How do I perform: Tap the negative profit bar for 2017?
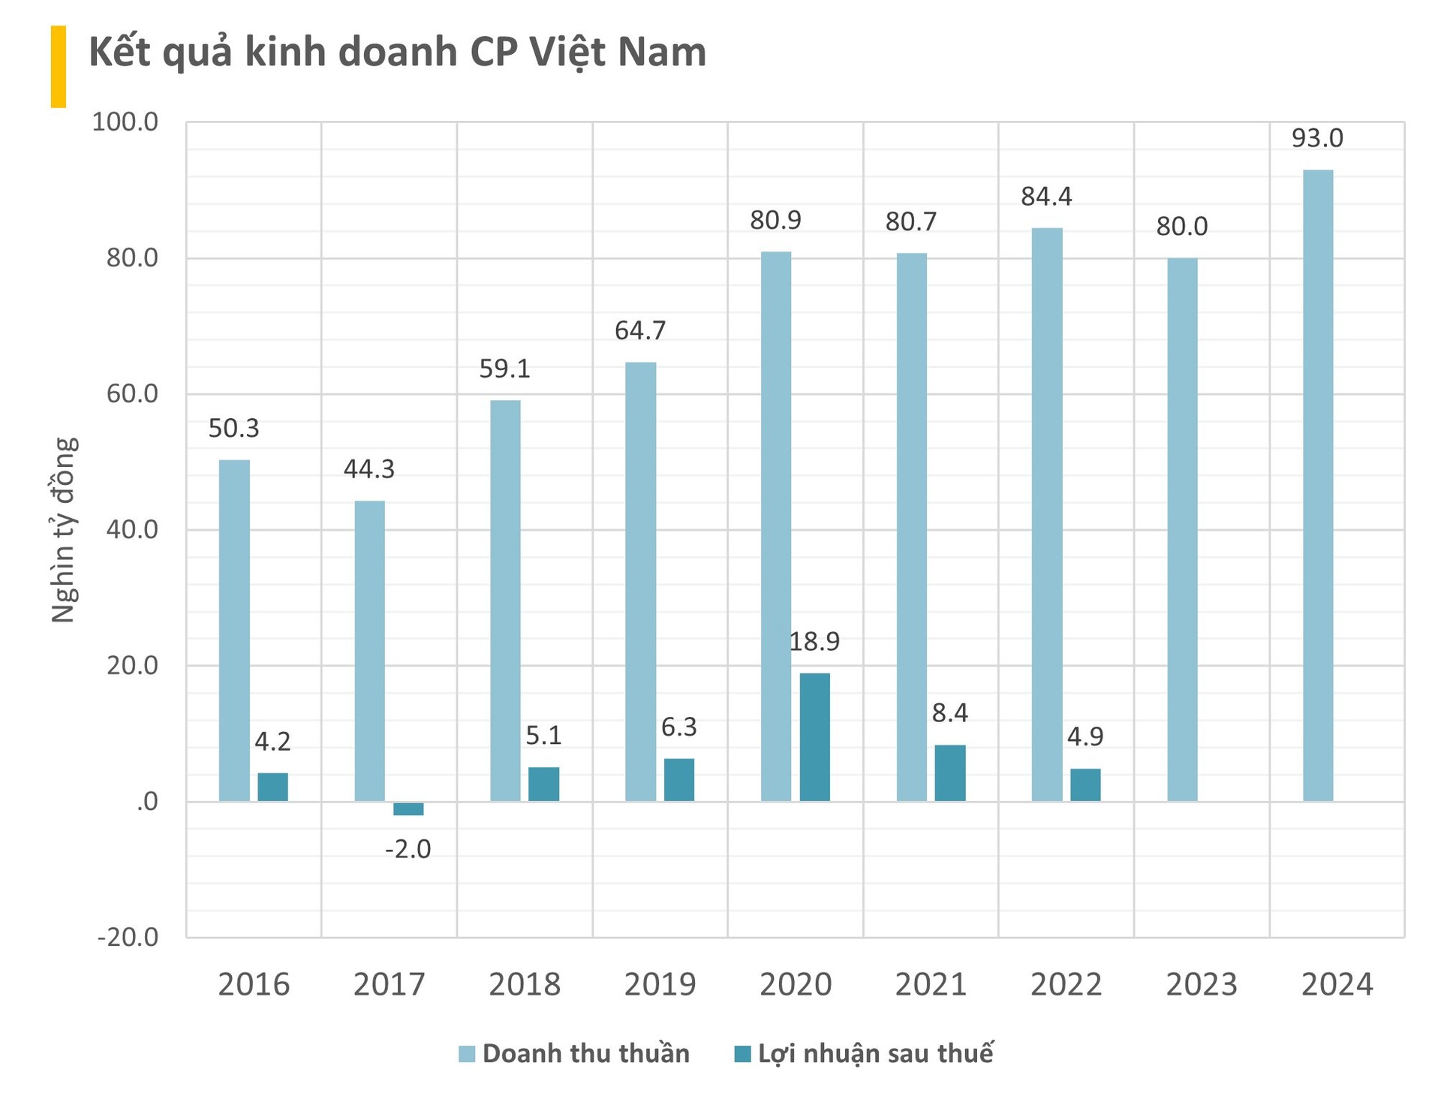point(408,808)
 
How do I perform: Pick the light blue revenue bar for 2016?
point(234,631)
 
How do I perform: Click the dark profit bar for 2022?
point(1085,784)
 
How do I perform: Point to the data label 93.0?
point(1317,138)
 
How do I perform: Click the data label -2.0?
point(408,849)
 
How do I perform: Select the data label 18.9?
point(814,641)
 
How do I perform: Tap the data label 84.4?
point(1046,197)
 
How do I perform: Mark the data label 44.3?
point(369,469)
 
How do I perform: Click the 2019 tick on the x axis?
point(660,984)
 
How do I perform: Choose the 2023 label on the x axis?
point(1201,984)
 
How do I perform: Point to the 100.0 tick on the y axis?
point(125,122)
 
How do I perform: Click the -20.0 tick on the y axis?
point(128,937)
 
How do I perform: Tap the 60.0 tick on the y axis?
point(132,393)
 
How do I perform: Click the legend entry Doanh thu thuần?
point(574,1053)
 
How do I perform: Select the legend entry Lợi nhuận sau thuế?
point(863,1053)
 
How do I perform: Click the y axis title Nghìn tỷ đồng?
point(64,529)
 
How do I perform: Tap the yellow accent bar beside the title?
point(59,66)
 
